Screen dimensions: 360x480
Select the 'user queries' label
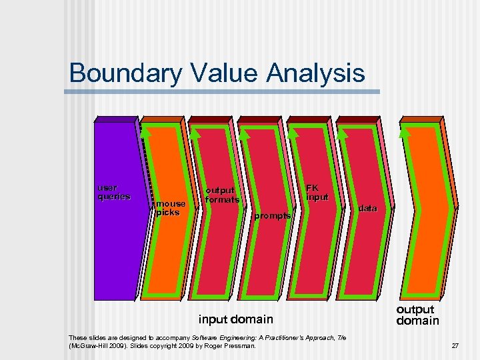[x=114, y=192]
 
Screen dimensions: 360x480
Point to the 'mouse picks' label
[x=171, y=208]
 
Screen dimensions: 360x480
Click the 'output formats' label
[x=221, y=195]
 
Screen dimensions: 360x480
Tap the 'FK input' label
[x=317, y=193]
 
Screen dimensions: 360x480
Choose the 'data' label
[x=367, y=209]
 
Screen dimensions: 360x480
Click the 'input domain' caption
[x=235, y=319]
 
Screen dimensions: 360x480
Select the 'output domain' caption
[x=417, y=315]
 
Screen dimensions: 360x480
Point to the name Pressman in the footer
[x=241, y=346]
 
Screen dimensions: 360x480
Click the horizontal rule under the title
[x=224, y=91]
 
